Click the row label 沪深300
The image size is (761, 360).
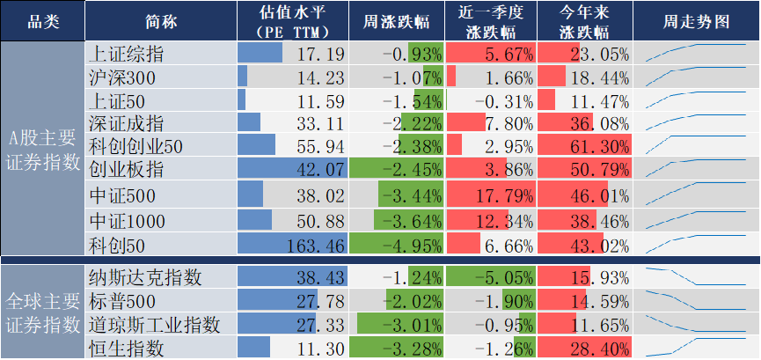[x=122, y=77]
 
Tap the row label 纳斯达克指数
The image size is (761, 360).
[x=146, y=277]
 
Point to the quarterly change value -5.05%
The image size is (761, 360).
[x=504, y=278]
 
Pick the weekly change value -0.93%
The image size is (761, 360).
[x=410, y=54]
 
